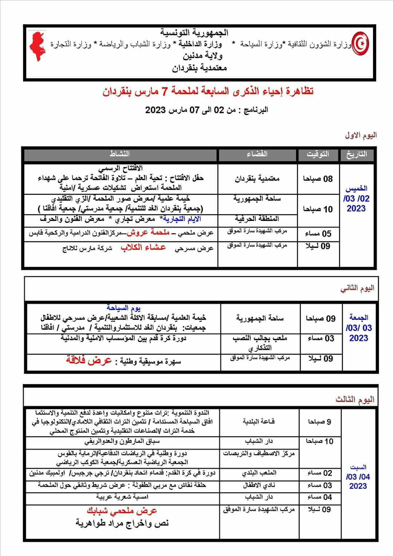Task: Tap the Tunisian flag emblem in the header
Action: pos(362,44)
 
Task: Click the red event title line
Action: pos(208,91)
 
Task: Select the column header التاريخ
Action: pos(356,154)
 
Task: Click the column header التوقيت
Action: pos(318,154)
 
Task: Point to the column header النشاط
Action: pos(120,154)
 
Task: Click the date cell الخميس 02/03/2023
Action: pos(356,198)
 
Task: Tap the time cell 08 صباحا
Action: pos(318,179)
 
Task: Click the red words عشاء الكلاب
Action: pos(143,248)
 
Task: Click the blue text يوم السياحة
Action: pos(124,308)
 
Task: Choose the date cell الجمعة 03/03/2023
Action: pos(358,327)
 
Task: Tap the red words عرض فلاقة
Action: pos(89,360)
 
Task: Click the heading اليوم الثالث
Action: pos(355,400)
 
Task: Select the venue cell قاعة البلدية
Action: pos(259,421)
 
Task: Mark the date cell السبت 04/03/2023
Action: pos(358,477)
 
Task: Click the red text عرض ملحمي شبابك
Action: pos(122,511)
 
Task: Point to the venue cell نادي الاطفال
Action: pos(259,485)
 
